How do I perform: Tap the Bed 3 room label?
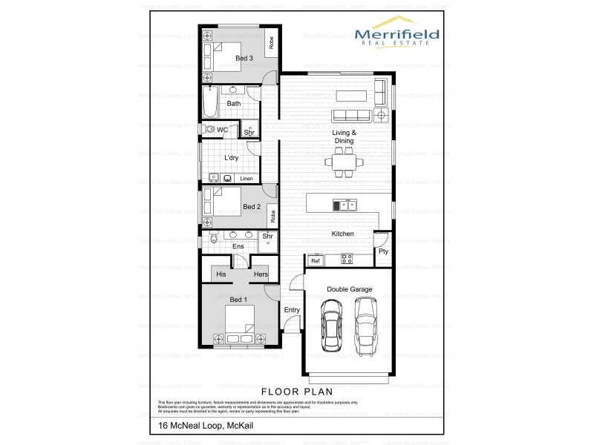click(x=244, y=58)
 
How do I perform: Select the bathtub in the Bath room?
click(x=209, y=104)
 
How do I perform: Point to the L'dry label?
click(x=231, y=158)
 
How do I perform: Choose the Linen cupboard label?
click(x=247, y=179)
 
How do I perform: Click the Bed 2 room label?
click(x=251, y=207)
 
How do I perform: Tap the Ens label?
click(x=238, y=246)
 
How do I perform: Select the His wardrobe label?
click(x=221, y=274)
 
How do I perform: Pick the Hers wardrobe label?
click(x=260, y=274)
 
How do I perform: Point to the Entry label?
click(x=291, y=310)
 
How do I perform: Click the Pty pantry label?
click(x=383, y=251)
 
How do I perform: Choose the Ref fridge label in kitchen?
click(x=316, y=261)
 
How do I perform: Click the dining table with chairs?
click(x=343, y=161)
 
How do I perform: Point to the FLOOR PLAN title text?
click(x=296, y=390)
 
